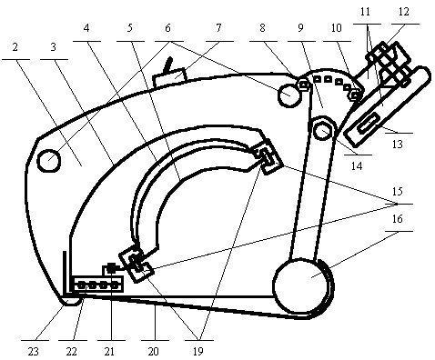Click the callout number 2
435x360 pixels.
[x=15, y=47]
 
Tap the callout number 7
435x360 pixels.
[x=218, y=28]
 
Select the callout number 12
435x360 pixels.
[x=404, y=12]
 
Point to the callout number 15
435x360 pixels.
[x=397, y=192]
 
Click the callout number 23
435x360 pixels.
[x=34, y=352]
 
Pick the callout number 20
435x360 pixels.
[x=153, y=352]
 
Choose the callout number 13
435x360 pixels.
[x=397, y=145]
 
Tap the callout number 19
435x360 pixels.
[x=197, y=352]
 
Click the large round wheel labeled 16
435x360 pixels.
[x=301, y=285]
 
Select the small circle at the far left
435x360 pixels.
[x=48, y=161]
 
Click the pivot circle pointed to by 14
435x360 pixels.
[x=323, y=130]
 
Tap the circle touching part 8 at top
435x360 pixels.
[x=289, y=95]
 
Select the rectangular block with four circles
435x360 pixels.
[x=96, y=285]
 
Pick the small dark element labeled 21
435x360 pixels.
[x=112, y=268]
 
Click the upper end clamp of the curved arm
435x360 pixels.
[x=268, y=157]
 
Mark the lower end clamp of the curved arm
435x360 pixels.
[x=136, y=265]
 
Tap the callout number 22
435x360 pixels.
[x=71, y=352]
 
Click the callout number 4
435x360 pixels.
[x=86, y=28]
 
